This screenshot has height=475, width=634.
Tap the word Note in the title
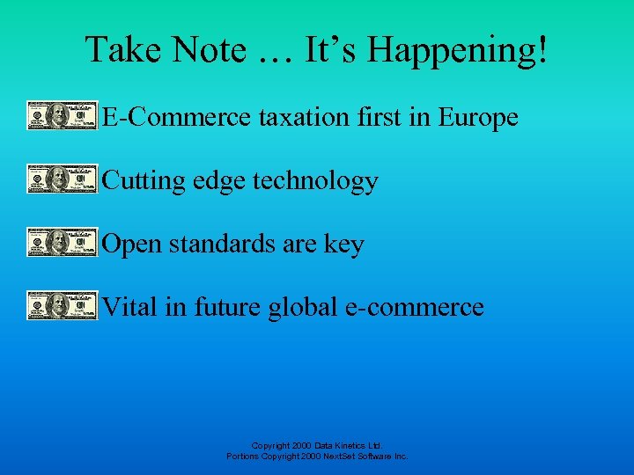pos(210,50)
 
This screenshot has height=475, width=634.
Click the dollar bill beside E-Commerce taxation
pos(62,116)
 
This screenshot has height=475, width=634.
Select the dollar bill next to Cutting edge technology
pos(62,179)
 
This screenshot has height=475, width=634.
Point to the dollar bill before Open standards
pos(62,243)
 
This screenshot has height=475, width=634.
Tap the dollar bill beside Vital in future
pos(62,306)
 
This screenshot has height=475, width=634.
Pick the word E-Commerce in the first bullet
pos(176,117)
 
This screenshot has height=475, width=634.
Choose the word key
pos(344,245)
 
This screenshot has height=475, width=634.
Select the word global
pos(304,307)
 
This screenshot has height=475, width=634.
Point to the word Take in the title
pos(120,50)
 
